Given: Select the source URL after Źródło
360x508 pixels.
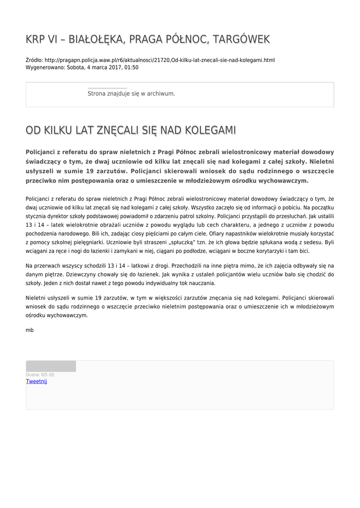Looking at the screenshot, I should (159, 60).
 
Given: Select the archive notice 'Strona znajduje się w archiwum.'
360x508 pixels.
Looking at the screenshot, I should (131, 93).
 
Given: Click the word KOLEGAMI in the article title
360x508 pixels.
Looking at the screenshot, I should (210, 130).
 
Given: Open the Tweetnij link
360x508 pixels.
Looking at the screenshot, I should (36, 381).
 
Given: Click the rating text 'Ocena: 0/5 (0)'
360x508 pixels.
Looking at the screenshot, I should (40, 375).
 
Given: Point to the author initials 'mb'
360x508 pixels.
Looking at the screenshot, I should (29, 330).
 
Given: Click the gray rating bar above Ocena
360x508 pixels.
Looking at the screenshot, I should (51, 367).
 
